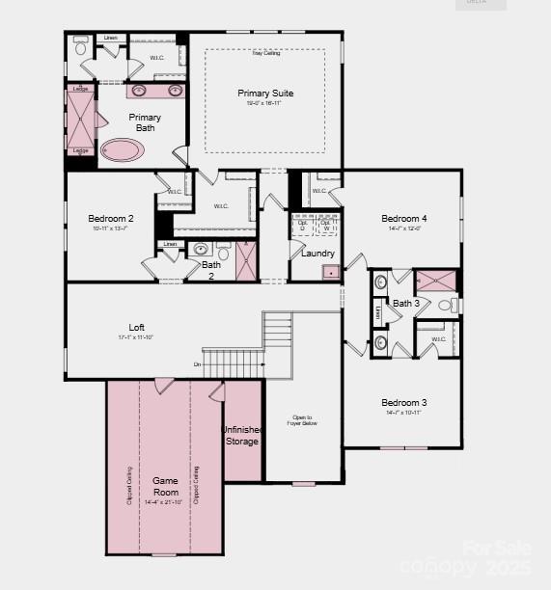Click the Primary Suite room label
[x=265, y=94]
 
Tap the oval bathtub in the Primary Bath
[x=123, y=150]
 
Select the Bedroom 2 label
[x=111, y=219]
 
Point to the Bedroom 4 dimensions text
[x=403, y=229]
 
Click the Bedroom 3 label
[x=403, y=402]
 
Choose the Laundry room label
[x=317, y=254]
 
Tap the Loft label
[x=136, y=327]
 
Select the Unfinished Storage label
[x=241, y=436]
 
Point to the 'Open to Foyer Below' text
[x=302, y=420]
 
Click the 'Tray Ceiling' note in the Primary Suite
[x=265, y=53]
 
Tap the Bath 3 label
[x=405, y=304]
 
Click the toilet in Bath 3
[x=447, y=306]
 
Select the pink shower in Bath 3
[x=435, y=282]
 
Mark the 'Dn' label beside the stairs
[x=198, y=364]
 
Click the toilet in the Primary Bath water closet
[x=81, y=46]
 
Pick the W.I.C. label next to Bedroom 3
[x=438, y=339]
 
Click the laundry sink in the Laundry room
[x=331, y=272]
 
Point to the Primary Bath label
[x=145, y=122]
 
